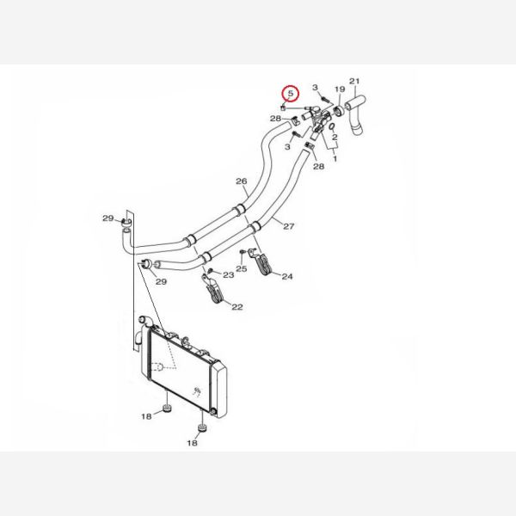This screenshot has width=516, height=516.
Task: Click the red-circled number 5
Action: pos(291,94)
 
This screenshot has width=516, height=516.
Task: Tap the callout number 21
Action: pos(354,81)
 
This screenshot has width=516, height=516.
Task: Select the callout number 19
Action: pos(340,89)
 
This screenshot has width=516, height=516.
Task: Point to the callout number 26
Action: pos(241,181)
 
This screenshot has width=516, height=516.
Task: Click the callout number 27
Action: pos(289,226)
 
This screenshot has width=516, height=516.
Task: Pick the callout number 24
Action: pos(287,276)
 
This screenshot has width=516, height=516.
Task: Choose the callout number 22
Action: pos(237,307)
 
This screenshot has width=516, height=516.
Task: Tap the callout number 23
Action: pos(229,275)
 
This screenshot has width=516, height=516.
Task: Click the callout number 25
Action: pos(241,268)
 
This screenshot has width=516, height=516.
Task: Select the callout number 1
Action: pos(335,159)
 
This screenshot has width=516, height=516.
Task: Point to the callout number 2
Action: pos(335,137)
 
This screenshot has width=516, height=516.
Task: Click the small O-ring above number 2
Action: pos(332,126)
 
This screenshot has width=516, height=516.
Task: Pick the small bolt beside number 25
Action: pos(243,252)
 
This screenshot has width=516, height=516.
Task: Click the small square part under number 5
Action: pos(283,108)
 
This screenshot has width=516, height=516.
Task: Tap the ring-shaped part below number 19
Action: pos(339,111)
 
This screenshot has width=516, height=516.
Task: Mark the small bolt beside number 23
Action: pos(211,271)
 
